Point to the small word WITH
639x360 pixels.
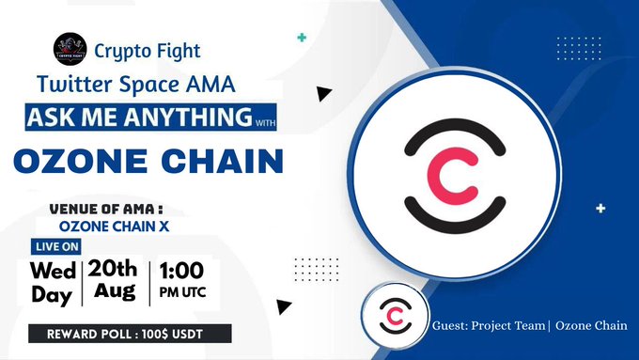point(265,120)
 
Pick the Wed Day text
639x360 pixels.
point(55,280)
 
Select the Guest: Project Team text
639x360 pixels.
point(489,326)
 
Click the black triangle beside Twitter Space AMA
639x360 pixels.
point(324,93)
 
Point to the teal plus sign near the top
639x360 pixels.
point(301,38)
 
